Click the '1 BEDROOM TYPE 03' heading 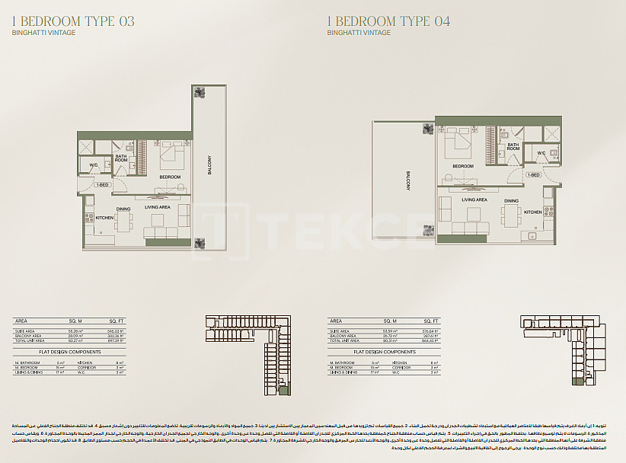pos(75,21)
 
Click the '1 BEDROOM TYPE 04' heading pos(388,21)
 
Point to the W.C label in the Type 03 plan pos(93,165)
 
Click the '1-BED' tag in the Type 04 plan pos(534,174)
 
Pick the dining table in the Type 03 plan pos(123,220)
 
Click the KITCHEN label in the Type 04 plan pos(533,212)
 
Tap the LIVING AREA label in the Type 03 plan pos(158,207)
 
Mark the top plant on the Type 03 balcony pos(200,93)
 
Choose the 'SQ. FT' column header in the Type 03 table pos(116,321)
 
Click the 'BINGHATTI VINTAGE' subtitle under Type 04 pos(359,33)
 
